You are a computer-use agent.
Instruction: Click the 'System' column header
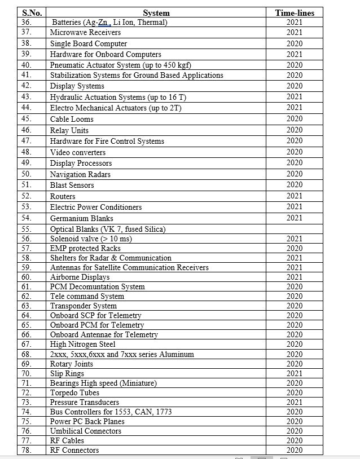pos(156,13)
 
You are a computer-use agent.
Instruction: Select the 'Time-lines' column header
pos(294,13)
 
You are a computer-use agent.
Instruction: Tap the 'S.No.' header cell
pos(32,13)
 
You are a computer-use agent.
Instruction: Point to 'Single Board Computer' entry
pos(88,43)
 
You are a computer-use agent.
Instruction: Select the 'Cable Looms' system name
pos(72,119)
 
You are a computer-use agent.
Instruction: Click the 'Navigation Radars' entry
pos(80,174)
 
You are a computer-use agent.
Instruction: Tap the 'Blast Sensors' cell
pos(72,185)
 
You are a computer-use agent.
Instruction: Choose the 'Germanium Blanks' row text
pos(81,218)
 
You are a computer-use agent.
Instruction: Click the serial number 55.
pos(27,229)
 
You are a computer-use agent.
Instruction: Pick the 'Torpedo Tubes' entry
pos(74,392)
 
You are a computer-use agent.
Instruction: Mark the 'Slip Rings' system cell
pos(67,373)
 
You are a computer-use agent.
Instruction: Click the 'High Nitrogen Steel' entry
pos(82,344)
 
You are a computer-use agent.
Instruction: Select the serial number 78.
pos(27,450)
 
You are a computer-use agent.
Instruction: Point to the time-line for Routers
pos(294,196)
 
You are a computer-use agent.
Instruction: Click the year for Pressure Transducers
pos(294,402)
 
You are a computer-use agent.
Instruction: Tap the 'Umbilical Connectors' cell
pos(85,431)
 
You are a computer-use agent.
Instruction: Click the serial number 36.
pos(27,23)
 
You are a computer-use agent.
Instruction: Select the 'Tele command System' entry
pos(87,296)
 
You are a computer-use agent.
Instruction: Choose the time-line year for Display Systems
pos(294,86)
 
